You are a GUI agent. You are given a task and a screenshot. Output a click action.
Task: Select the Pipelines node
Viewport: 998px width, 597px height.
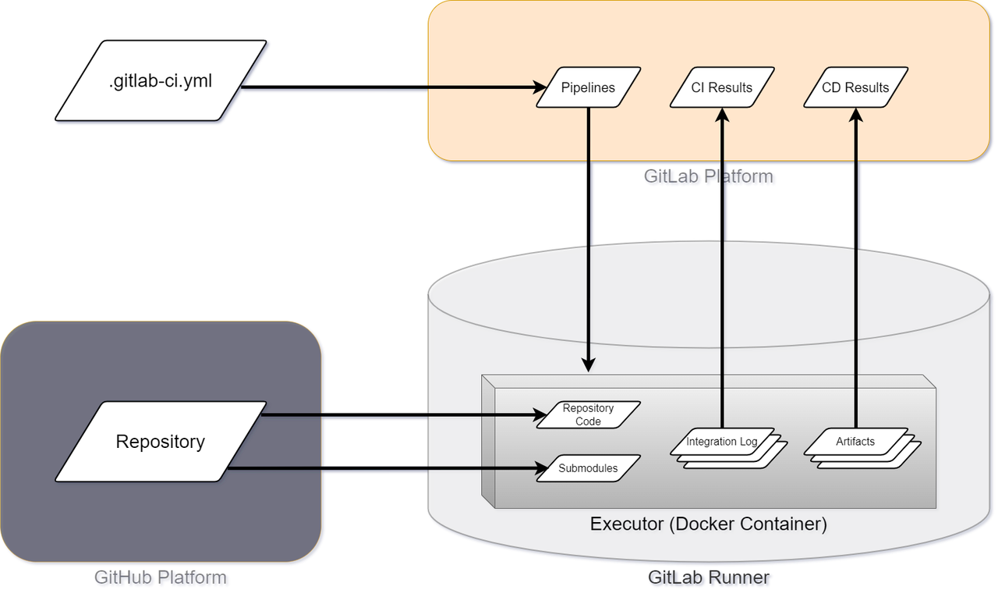[588, 87]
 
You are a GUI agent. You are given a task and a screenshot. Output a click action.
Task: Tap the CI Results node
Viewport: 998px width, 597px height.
[722, 87]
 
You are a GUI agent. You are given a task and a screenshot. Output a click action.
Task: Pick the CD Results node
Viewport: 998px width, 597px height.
[856, 87]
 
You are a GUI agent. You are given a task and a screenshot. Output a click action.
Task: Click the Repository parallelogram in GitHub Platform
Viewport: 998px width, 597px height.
[161, 441]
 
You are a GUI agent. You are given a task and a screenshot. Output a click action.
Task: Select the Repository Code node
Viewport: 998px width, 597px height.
[588, 414]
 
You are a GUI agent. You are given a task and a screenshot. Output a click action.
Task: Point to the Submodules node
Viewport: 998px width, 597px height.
[588, 468]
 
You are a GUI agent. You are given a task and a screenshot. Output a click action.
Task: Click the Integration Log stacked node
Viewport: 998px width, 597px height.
[722, 442]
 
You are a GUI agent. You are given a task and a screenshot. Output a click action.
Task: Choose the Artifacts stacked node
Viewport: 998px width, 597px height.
[856, 442]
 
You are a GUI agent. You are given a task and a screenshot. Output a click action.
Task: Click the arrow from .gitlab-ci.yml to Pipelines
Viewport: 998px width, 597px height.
[390, 87]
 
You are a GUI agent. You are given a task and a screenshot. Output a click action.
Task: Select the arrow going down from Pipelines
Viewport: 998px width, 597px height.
[588, 234]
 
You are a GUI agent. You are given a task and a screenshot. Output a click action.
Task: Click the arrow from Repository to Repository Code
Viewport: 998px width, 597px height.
[398, 415]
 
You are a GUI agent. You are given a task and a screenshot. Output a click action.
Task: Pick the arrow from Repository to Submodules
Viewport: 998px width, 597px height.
[382, 468]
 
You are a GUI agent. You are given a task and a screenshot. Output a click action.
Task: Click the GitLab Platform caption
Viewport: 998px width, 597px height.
[708, 176]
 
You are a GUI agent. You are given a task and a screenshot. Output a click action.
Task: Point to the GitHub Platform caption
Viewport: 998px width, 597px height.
[161, 577]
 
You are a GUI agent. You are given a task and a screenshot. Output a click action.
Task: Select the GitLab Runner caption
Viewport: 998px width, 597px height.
[708, 577]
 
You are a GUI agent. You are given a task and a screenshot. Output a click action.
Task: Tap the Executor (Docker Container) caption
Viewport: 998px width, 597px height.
[708, 523]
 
